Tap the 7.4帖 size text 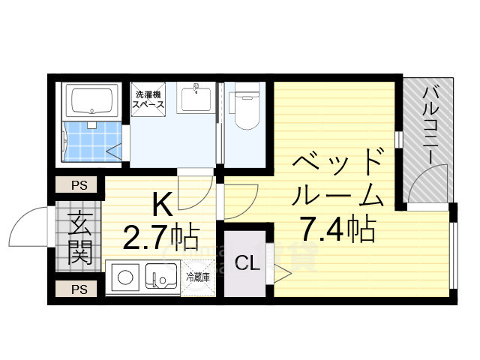tap(337, 228)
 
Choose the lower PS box tap(78, 289)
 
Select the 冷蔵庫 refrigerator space tap(198, 278)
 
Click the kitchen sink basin tap(160, 278)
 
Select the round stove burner tap(125, 278)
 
